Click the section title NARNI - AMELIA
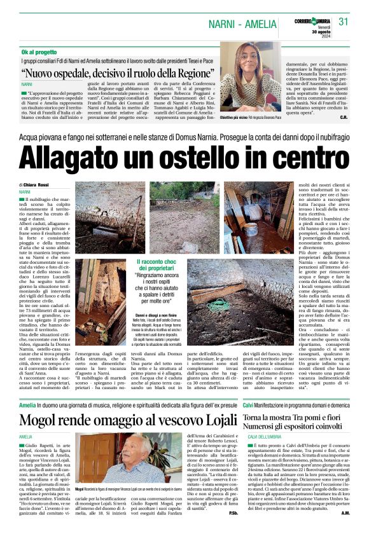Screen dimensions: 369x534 click(243, 24)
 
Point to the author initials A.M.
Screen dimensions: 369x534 click(345, 512)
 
